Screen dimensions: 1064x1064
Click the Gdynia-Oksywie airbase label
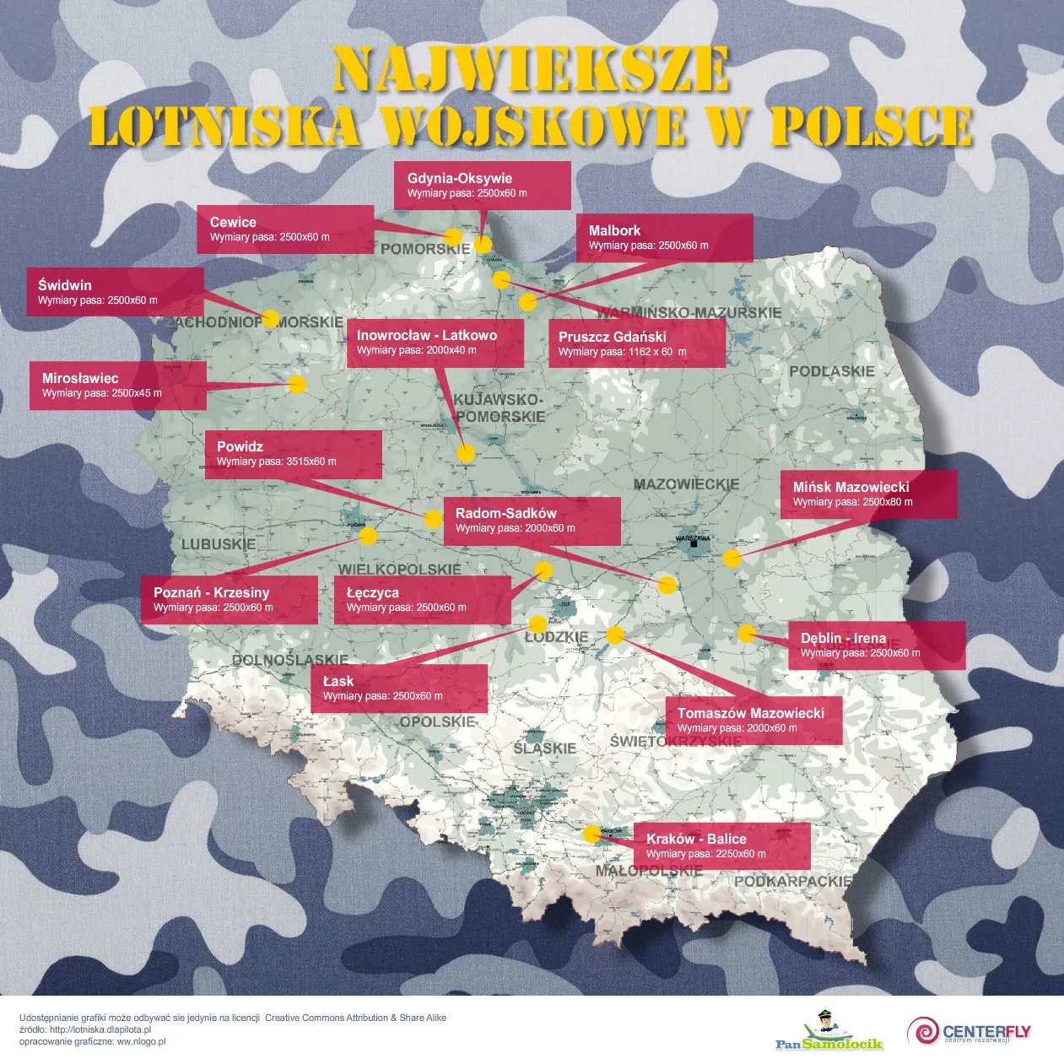coord(482,186)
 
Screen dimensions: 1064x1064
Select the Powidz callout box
coord(293,454)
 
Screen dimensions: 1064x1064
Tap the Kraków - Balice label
coord(721,845)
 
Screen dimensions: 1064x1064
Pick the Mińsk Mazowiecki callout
coord(872,494)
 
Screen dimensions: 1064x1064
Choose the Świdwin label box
coord(115,292)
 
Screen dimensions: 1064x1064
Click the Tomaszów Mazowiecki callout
coord(753,720)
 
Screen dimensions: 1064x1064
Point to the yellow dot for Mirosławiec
coord(297,385)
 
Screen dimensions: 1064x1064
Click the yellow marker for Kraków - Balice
coord(592,834)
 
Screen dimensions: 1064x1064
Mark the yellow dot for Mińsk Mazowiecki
coord(732,558)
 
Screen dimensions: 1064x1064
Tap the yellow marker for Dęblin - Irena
coord(747,633)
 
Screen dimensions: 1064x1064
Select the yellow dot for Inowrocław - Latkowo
coord(466,453)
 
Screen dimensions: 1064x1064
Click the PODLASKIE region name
coord(832,371)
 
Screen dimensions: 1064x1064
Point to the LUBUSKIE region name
coord(218,544)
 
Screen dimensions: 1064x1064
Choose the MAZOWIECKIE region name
coord(686,484)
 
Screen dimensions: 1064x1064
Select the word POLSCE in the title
coord(871,127)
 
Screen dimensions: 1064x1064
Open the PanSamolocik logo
coord(829,1032)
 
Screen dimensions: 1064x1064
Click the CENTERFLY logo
coord(969,1032)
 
